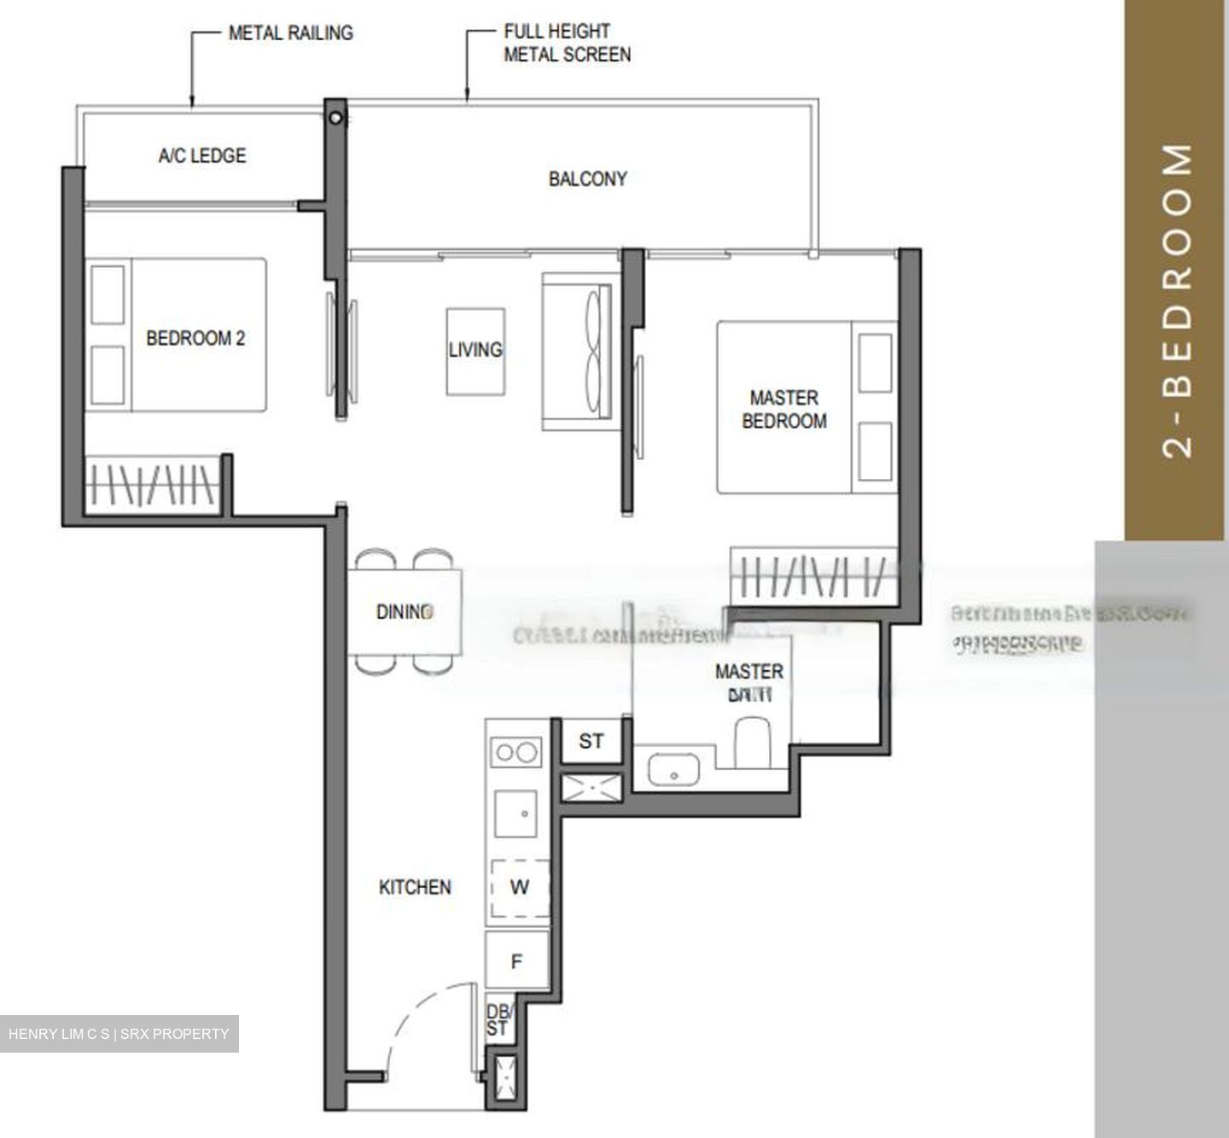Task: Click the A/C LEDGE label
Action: point(202,155)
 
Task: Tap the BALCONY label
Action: point(587,178)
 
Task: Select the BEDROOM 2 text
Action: point(195,338)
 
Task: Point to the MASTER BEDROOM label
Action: point(783,409)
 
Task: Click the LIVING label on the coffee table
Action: point(475,350)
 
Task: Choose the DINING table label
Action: point(405,611)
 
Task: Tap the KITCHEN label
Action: point(415,887)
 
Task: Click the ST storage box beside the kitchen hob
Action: point(591,741)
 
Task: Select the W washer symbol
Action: point(519,888)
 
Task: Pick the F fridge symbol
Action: point(516,962)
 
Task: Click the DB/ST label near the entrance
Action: point(497,1020)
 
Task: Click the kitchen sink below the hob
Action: point(516,814)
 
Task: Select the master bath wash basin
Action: point(673,769)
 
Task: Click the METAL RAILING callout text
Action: point(290,33)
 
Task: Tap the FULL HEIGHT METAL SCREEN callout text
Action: point(567,43)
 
